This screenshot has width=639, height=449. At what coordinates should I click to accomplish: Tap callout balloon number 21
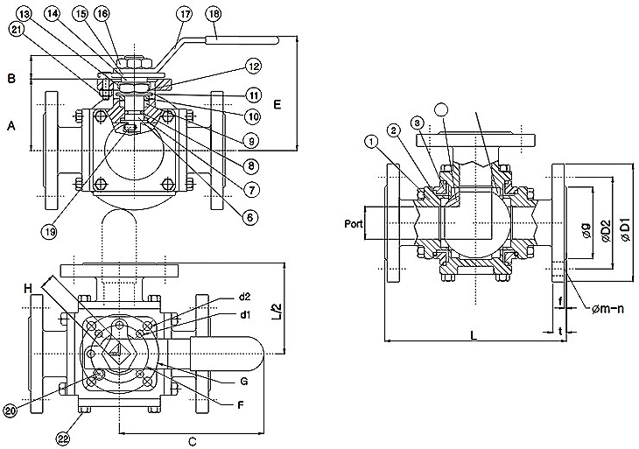pyautogui.click(x=18, y=29)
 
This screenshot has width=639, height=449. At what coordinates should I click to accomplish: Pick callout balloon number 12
pyautogui.click(x=253, y=67)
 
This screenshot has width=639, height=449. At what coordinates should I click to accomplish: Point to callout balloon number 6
pyautogui.click(x=251, y=216)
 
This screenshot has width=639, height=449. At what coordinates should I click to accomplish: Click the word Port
pyautogui.click(x=353, y=223)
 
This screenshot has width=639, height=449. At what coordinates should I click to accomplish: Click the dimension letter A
pyautogui.click(x=11, y=126)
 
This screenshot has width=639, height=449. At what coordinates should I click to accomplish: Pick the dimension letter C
pyautogui.click(x=192, y=441)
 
